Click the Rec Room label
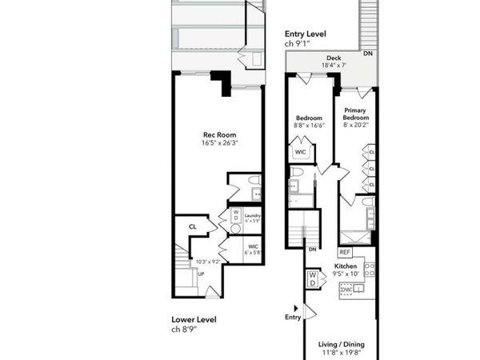(218, 135)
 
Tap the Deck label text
(333, 58)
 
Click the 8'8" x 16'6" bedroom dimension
(307, 125)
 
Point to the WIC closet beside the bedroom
(301, 151)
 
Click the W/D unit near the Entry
(313, 279)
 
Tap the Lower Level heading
(194, 319)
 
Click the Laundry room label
(253, 215)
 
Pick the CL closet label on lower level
(193, 227)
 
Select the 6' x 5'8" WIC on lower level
(253, 250)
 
